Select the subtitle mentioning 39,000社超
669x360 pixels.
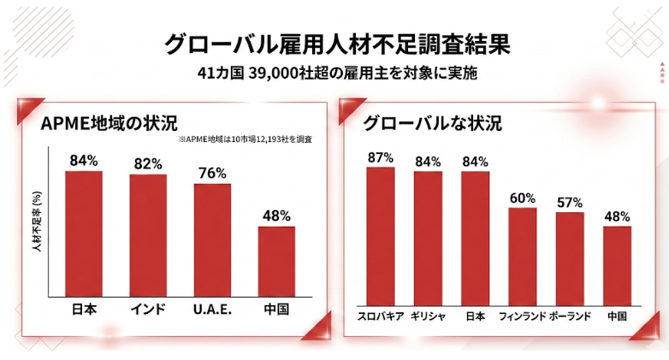tap(335, 74)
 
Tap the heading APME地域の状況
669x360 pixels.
tap(109, 122)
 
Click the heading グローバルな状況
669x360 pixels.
tap(432, 122)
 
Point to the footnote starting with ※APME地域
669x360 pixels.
tap(246, 139)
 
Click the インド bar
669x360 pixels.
tap(148, 235)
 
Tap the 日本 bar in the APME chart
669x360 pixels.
tap(84, 233)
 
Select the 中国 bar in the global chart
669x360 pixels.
tap(617, 263)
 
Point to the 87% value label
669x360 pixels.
tap(380, 157)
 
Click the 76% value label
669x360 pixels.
tap(212, 173)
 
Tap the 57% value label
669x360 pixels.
tap(569, 203)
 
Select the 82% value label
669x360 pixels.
tap(148, 163)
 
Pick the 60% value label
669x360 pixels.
tap(522, 198)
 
